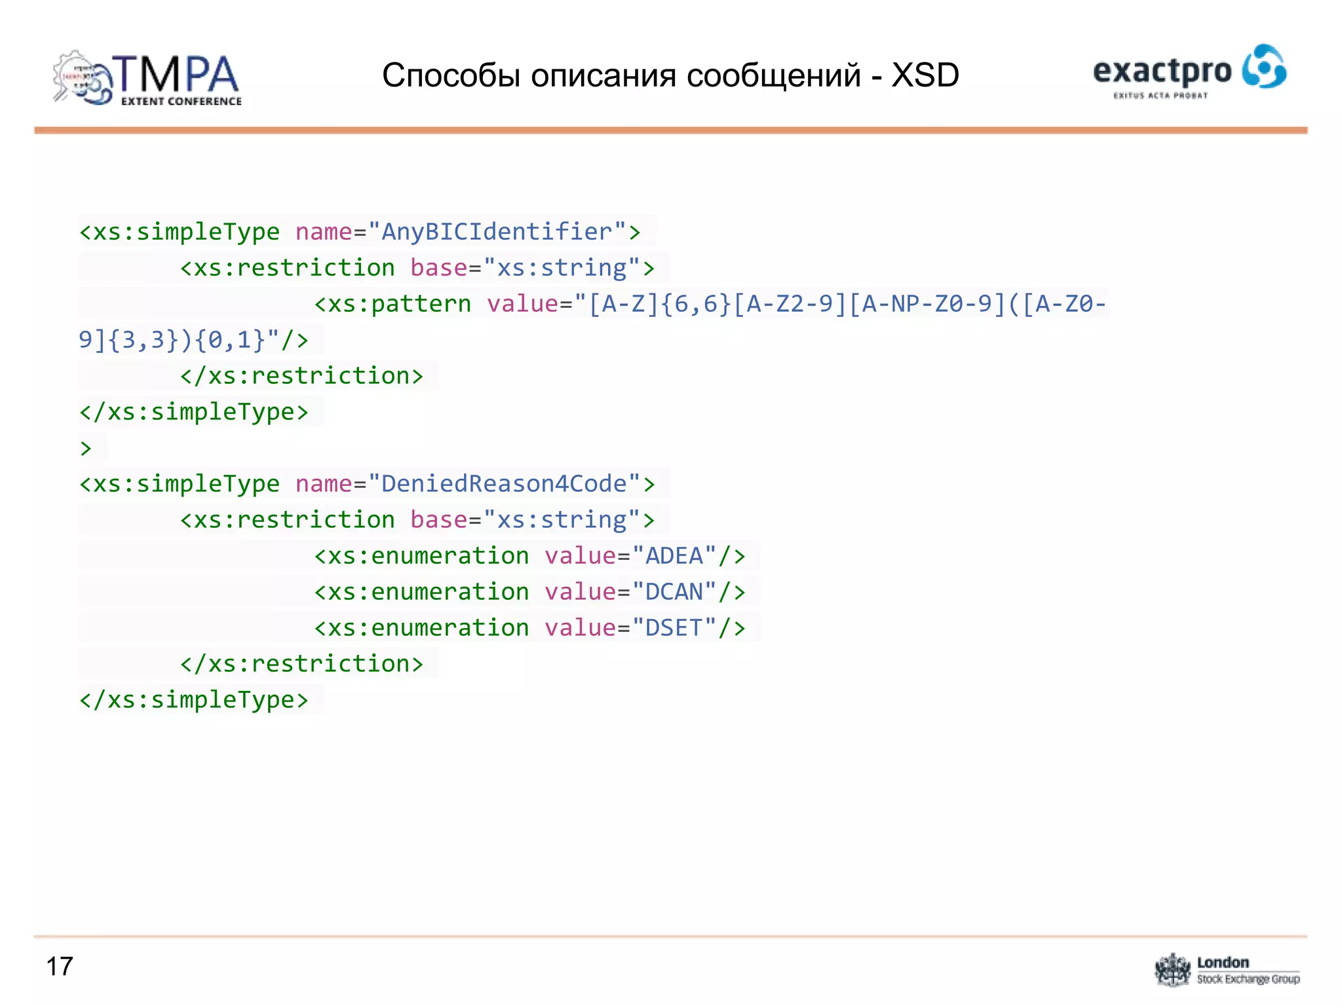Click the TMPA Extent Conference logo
147,79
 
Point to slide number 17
60,967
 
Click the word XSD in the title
925,75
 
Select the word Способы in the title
451,75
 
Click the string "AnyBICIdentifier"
497,232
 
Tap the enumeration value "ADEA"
674,556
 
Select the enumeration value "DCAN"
674,592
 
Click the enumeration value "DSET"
674,628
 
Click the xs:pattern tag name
400,304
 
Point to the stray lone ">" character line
86,449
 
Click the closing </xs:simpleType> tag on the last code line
194,700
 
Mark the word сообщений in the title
774,75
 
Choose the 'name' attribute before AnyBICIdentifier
324,232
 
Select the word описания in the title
603,75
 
